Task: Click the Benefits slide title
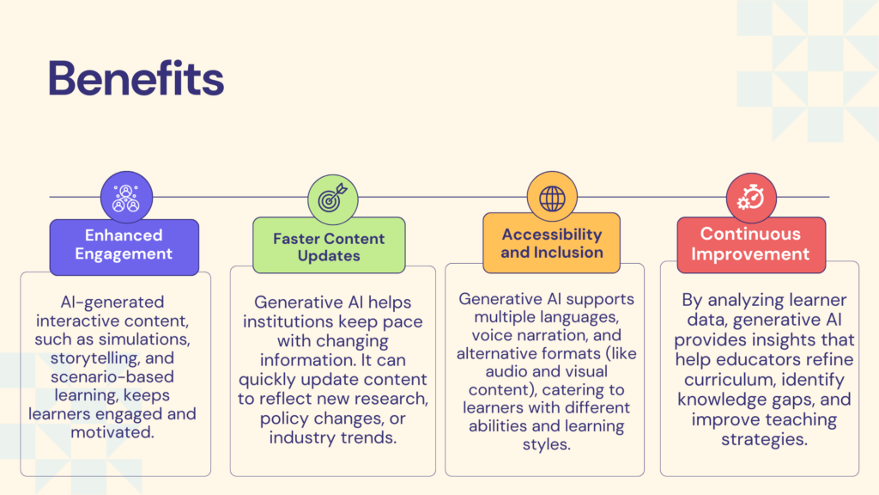point(136,77)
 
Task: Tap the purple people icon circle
point(127,197)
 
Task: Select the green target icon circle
point(333,199)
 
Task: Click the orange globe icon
point(552,198)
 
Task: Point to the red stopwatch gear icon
point(751,199)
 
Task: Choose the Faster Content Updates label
point(329,246)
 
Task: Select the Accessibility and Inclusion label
point(552,243)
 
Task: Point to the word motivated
point(112,432)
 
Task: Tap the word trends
point(371,437)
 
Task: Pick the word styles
point(547,444)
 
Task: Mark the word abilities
point(498,426)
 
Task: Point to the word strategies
point(764,439)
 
